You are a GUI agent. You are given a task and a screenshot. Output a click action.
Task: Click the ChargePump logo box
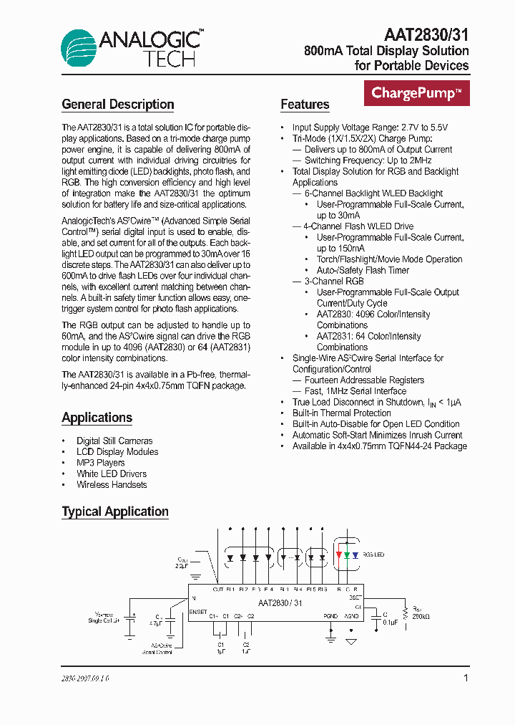pos(416,92)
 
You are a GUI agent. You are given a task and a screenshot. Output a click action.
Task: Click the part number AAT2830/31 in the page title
pos(426,34)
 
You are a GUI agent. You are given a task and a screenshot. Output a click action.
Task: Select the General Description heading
pos(118,105)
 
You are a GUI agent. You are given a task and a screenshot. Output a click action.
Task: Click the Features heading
pos(305,105)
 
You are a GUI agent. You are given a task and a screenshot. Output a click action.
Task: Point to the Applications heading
pos(97,418)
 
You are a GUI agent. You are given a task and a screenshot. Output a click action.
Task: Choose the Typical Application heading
pos(115,512)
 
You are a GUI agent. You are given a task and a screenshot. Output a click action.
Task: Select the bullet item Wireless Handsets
pos(112,485)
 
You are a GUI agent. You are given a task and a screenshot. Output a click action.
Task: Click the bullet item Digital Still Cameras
pos(114,441)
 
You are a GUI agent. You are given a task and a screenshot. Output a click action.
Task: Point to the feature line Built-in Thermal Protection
pos(341,413)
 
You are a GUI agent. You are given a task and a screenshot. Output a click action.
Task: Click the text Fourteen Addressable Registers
pos(364,380)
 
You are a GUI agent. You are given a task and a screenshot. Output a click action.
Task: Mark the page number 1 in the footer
pos(466,678)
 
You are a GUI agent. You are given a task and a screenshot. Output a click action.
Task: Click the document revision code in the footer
pos(86,678)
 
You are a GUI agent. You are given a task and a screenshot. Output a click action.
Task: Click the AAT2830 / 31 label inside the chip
pos(280,603)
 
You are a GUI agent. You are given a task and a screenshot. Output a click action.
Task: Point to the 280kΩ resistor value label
pos(421,616)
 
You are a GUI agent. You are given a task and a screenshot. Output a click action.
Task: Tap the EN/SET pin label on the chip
pos(199,612)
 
